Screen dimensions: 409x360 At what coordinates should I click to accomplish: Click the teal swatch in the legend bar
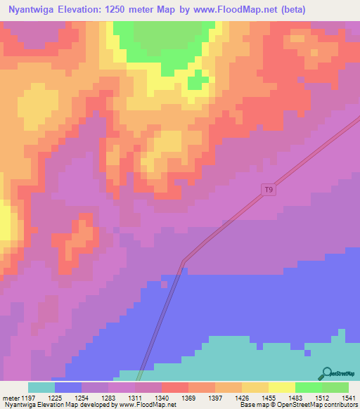click(x=41, y=387)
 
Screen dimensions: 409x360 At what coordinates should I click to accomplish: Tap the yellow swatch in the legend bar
click(x=281, y=387)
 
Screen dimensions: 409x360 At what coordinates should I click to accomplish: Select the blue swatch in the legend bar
click(x=68, y=387)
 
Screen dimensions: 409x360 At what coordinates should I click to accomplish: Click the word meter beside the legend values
click(x=11, y=398)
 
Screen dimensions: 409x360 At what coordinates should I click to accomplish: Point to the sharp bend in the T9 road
click(x=184, y=261)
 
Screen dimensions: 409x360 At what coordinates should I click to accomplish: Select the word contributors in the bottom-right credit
click(x=336, y=405)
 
